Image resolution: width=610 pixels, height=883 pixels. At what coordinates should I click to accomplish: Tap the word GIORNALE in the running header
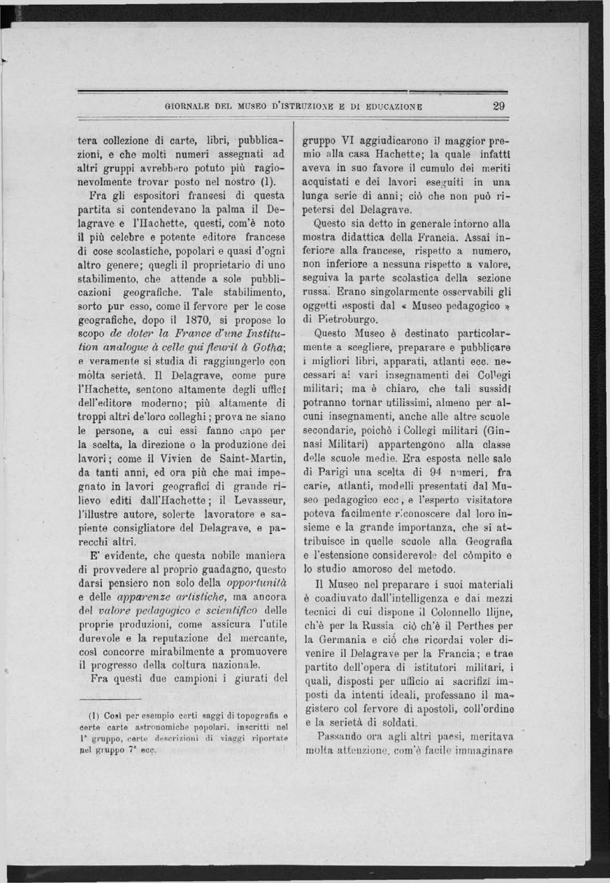(189, 105)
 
